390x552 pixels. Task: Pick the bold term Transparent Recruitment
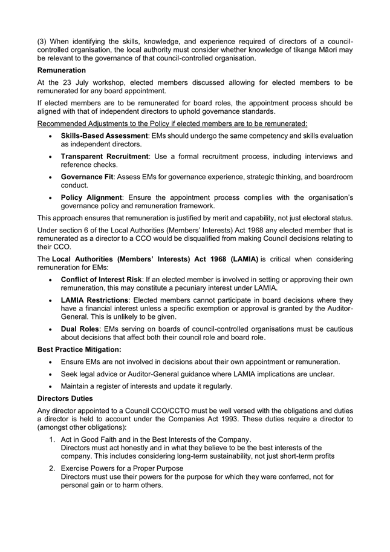104,156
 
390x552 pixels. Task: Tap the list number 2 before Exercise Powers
53,468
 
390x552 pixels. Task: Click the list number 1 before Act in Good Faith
53,439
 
